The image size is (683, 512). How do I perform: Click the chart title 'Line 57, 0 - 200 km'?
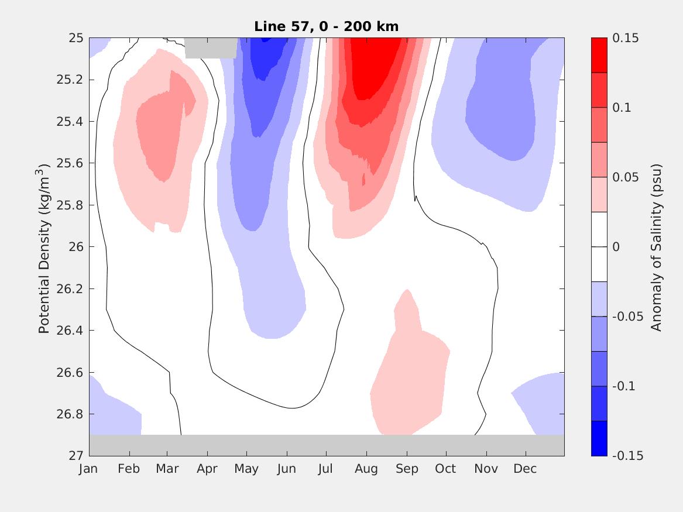click(326, 26)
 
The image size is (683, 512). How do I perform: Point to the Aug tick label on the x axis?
click(366, 469)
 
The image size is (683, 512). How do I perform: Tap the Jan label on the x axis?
click(88, 469)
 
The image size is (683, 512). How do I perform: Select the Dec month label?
click(525, 469)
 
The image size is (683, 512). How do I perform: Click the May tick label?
click(246, 469)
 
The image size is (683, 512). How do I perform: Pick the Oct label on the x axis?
click(446, 469)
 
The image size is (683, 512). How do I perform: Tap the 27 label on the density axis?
click(75, 456)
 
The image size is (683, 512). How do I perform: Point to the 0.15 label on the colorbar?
click(625, 38)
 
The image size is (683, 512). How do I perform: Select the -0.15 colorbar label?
click(627, 456)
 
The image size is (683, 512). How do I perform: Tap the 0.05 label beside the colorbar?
click(625, 177)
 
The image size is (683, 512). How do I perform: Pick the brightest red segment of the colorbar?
click(599, 55)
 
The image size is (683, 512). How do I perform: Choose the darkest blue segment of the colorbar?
click(599, 438)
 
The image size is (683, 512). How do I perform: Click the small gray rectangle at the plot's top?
click(211, 48)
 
